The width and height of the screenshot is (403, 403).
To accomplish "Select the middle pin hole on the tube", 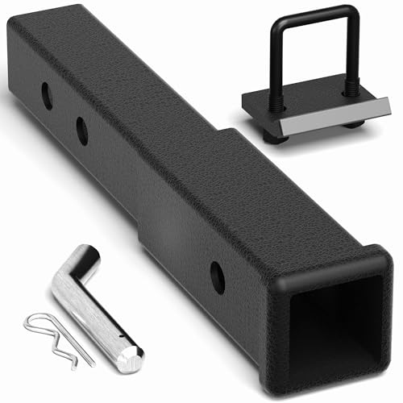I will pos(83,130).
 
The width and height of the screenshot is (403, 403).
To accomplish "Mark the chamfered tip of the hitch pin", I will pos(131,358).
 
